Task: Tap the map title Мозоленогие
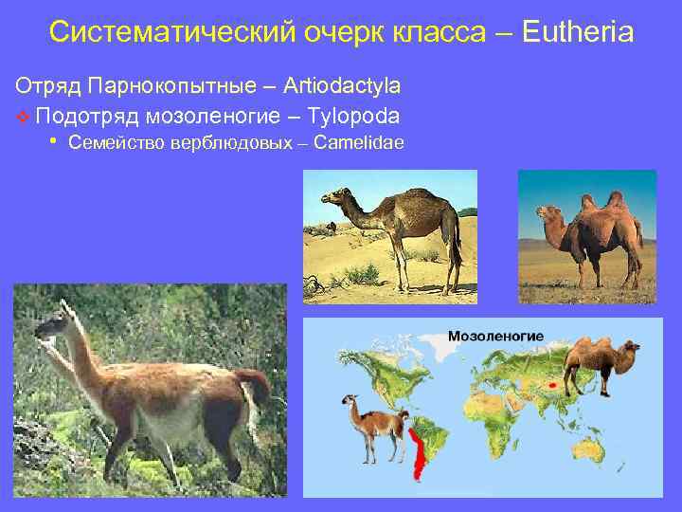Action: pyautogui.click(x=495, y=337)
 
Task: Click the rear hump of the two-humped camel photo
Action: pyautogui.click(x=616, y=201)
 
